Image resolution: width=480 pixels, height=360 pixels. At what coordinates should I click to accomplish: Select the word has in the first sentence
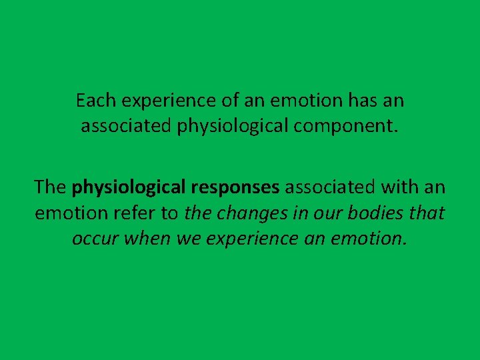coord(361,101)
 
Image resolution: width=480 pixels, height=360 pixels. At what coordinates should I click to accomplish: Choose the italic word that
coord(429,213)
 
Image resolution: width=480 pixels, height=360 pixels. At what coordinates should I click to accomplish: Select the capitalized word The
coord(50,188)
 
